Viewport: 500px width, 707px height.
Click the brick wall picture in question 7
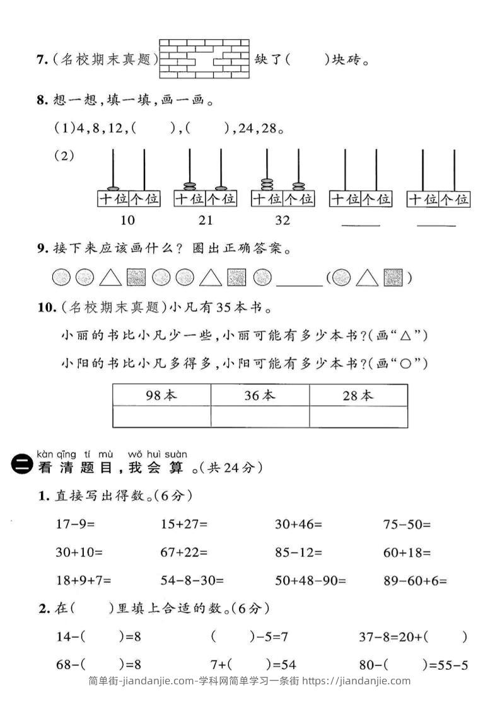click(204, 59)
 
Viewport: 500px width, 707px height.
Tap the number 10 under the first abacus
click(127, 221)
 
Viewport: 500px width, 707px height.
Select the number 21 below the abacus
click(206, 221)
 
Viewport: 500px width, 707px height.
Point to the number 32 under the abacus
click(282, 221)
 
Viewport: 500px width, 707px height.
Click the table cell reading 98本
click(161, 395)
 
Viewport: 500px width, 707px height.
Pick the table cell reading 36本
click(260, 395)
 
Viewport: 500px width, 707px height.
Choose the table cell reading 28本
click(358, 395)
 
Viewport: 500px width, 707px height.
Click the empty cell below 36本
click(260, 417)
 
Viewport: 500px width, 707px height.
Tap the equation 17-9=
click(79, 524)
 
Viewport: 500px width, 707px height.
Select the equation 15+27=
click(184, 524)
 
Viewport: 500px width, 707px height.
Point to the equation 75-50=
click(407, 524)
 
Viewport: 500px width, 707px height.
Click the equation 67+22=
click(184, 553)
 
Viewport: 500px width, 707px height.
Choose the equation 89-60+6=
click(415, 581)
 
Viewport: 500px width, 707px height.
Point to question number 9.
click(42, 249)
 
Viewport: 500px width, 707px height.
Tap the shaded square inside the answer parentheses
click(393, 277)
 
